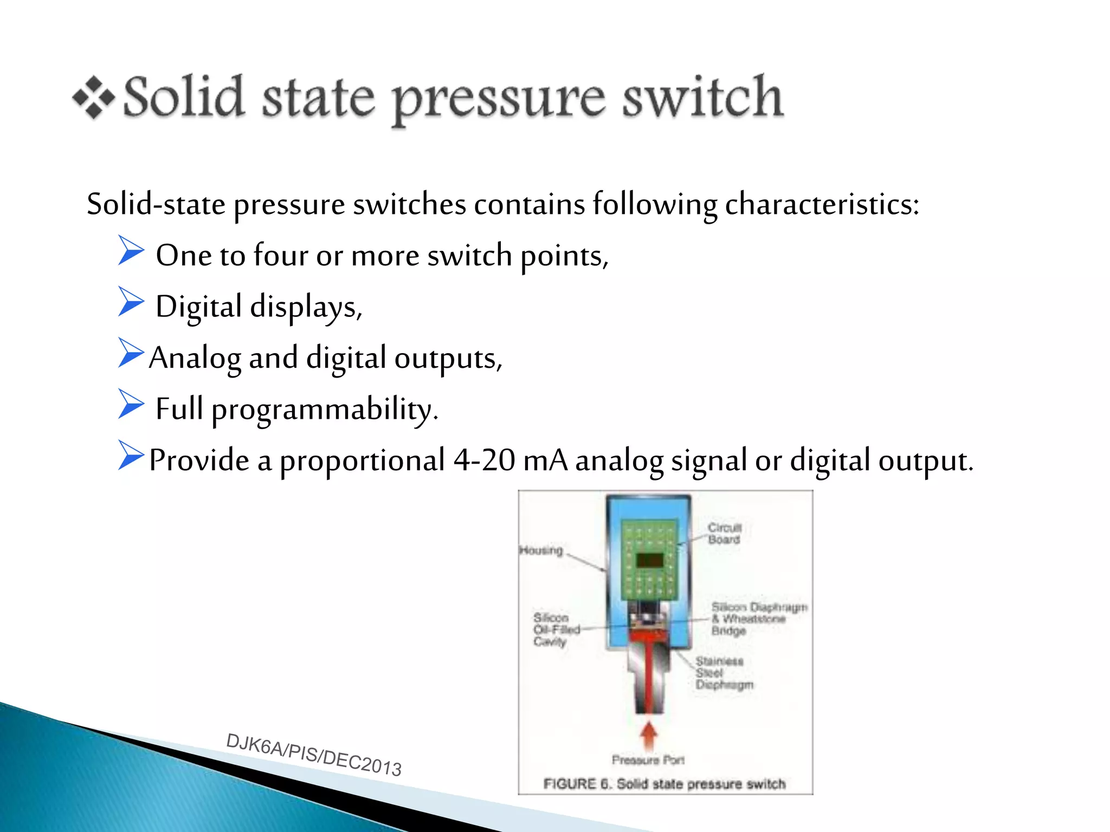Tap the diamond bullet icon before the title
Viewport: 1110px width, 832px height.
[93, 98]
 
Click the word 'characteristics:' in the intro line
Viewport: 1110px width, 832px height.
[822, 205]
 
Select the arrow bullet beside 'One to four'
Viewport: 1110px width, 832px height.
[131, 250]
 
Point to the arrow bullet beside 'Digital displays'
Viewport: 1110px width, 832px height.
[131, 302]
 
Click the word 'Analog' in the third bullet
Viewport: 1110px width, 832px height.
[195, 359]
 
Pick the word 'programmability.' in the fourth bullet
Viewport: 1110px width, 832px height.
[324, 410]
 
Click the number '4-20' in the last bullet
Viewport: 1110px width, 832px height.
[484, 460]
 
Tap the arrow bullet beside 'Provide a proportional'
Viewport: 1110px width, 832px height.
[131, 455]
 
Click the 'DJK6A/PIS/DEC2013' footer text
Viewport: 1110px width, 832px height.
[314, 755]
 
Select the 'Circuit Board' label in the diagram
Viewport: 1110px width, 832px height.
[724, 533]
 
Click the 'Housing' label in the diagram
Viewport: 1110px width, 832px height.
[541, 550]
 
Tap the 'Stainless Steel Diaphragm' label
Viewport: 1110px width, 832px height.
[723, 673]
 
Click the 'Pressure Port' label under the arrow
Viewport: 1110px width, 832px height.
[648, 760]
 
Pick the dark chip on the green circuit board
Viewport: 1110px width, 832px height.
[649, 560]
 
